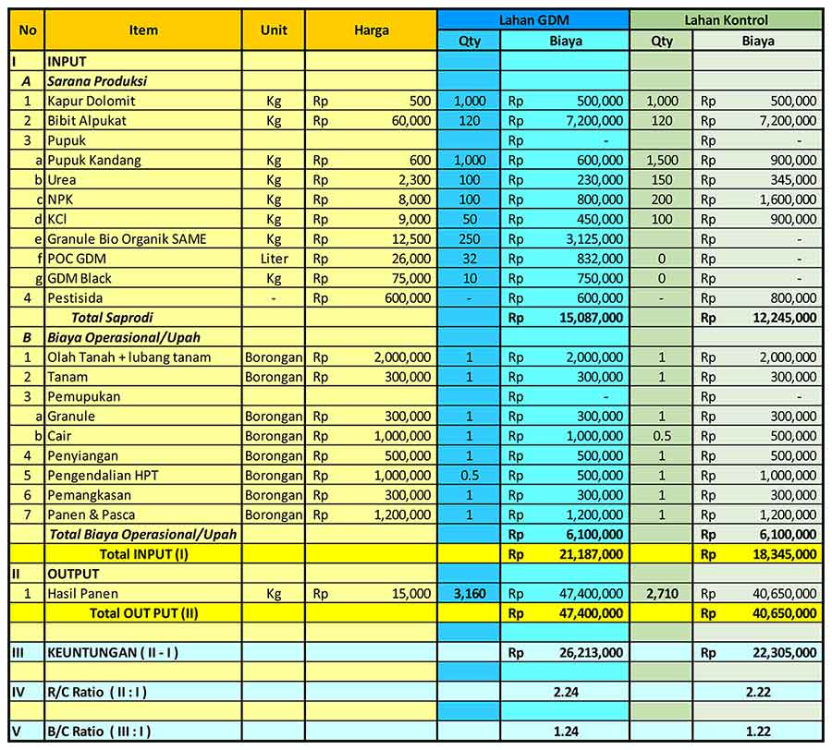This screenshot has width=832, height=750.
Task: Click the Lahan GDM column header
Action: click(x=533, y=19)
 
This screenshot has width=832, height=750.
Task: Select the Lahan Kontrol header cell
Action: click(x=726, y=19)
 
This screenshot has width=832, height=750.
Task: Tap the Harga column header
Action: click(x=371, y=30)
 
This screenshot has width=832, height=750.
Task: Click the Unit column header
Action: click(x=274, y=30)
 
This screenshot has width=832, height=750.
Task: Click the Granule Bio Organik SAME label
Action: click(x=127, y=239)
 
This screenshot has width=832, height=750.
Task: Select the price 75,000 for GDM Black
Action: click(x=410, y=278)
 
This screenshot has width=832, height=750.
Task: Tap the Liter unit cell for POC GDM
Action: click(x=274, y=259)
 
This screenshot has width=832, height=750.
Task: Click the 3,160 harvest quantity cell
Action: click(x=470, y=593)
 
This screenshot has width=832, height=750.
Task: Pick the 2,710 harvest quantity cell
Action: click(x=662, y=593)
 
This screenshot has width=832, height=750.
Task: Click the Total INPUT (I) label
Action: click(x=143, y=554)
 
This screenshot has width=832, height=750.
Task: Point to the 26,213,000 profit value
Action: click(x=590, y=652)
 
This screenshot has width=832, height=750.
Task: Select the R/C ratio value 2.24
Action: click(x=566, y=691)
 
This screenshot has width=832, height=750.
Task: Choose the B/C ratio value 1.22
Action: click(x=758, y=731)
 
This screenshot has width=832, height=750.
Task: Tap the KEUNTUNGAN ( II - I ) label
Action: click(x=113, y=652)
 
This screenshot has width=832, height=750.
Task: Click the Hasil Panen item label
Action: click(x=83, y=593)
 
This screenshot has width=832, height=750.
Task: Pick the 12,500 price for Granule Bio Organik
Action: click(x=410, y=239)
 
